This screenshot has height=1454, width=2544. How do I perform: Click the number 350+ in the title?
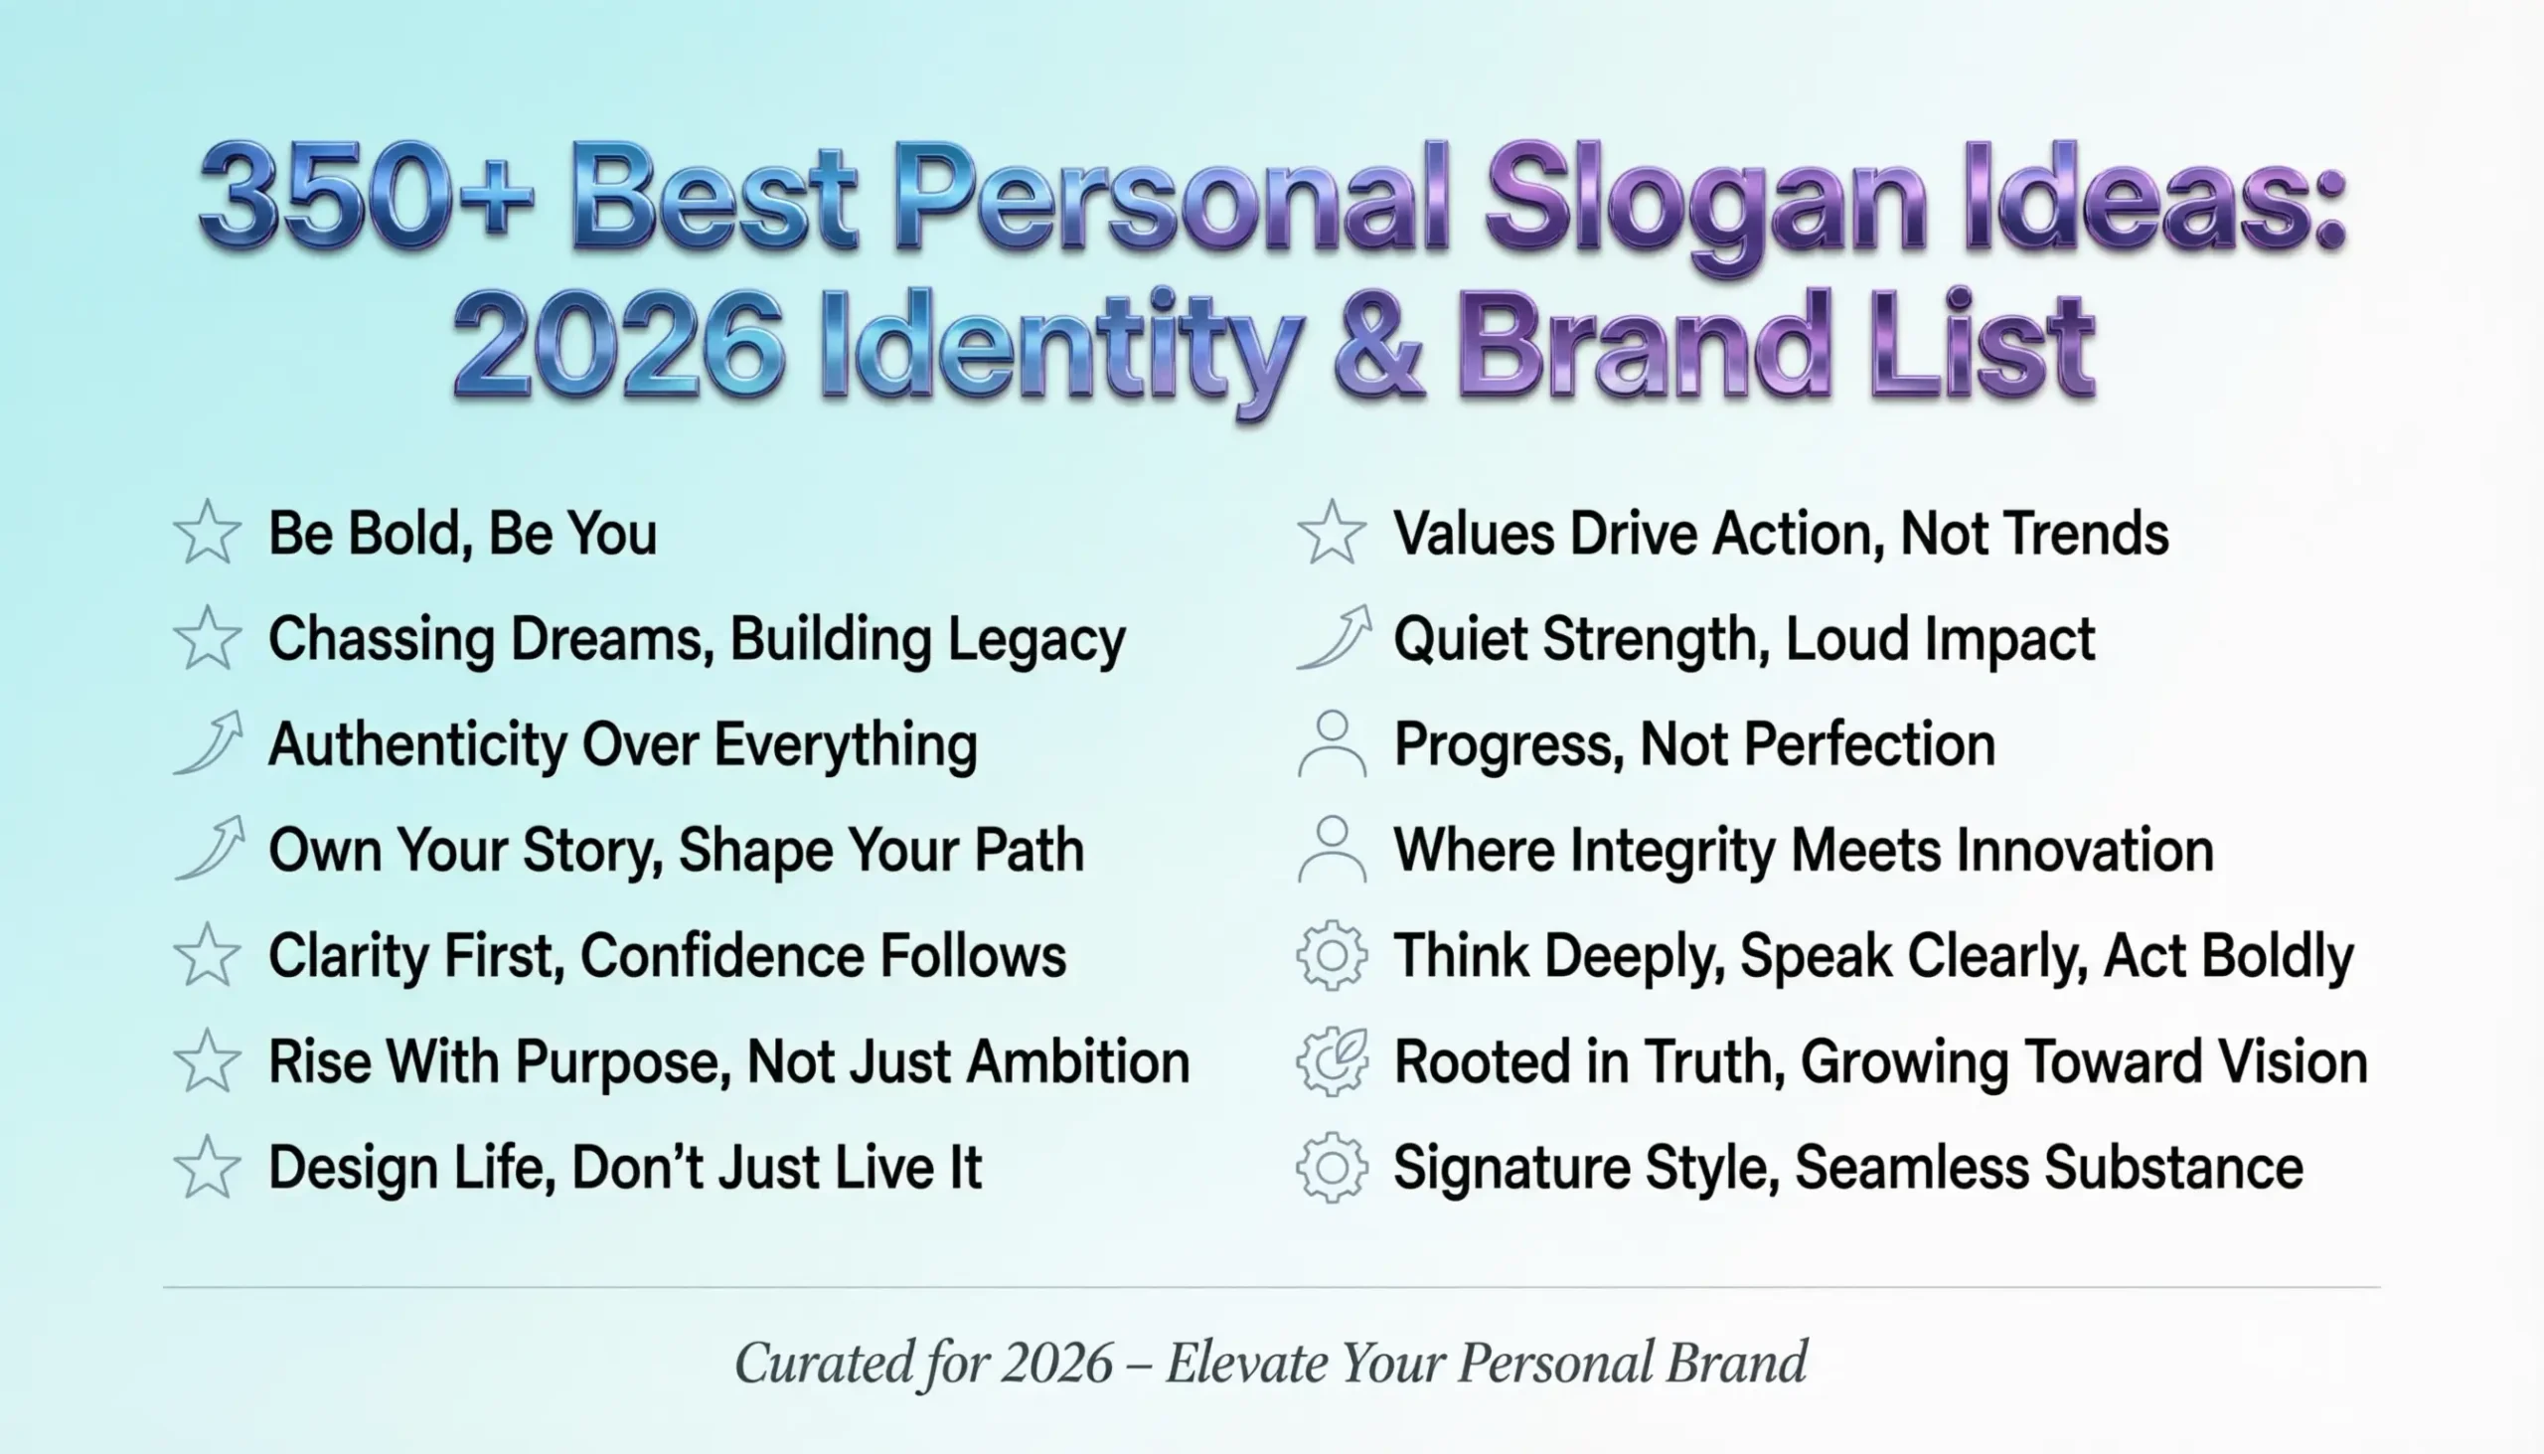[x=366, y=195]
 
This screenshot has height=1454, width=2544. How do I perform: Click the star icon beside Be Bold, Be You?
[x=208, y=533]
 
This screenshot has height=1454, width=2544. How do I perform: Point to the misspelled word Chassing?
[x=382, y=639]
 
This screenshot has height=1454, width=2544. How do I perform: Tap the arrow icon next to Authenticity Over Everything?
[x=210, y=743]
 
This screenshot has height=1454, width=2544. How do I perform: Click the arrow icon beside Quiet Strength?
[x=1334, y=637]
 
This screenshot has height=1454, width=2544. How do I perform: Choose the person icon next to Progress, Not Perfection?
[x=1332, y=744]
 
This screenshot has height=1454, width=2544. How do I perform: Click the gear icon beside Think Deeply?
[x=1332, y=956]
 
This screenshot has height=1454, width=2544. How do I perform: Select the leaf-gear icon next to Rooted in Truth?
[x=1332, y=1061]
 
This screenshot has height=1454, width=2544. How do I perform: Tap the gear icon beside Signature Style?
[x=1332, y=1168]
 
